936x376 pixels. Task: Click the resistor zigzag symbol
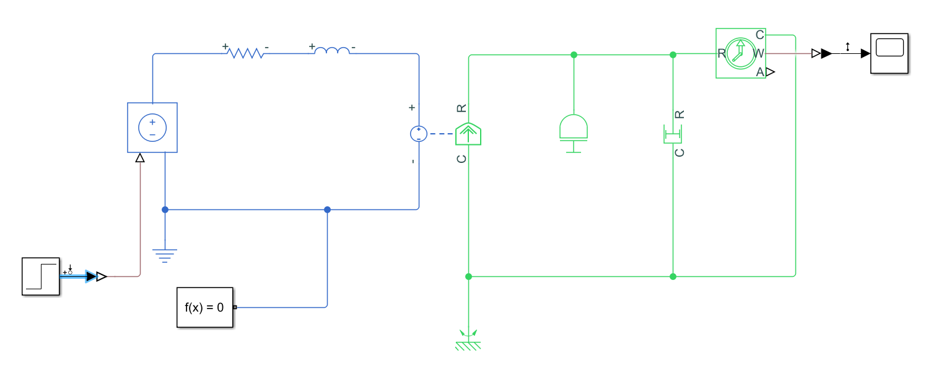[x=246, y=54]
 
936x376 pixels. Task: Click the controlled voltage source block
[x=152, y=127]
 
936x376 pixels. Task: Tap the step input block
[x=41, y=276]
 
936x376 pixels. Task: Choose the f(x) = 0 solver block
[x=205, y=307]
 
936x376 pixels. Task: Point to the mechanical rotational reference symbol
[x=468, y=341]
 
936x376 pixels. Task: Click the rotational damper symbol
[x=673, y=133]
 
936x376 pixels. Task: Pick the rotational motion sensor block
[x=741, y=53]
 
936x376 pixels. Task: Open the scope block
[x=890, y=54]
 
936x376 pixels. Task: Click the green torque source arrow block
[x=468, y=133]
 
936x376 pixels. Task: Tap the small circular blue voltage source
[x=419, y=134]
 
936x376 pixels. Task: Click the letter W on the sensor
[x=759, y=54]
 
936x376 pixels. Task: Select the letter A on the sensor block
[x=760, y=72]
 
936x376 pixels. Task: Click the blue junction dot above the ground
[x=165, y=209]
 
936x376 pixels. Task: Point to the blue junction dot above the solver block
[x=327, y=209]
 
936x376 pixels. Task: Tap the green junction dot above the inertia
[x=574, y=55]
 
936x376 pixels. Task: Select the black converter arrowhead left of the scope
[x=826, y=54]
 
